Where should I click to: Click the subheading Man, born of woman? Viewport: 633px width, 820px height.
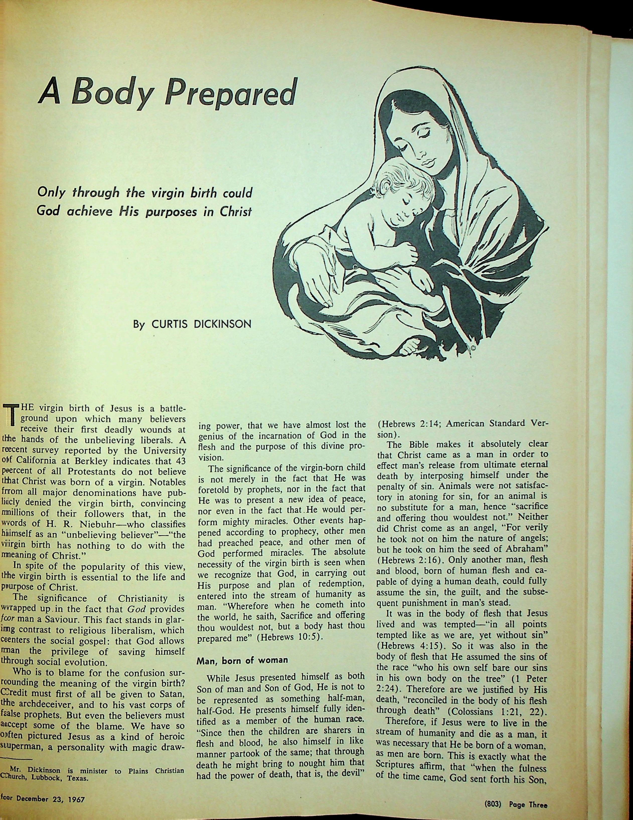coord(243,660)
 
